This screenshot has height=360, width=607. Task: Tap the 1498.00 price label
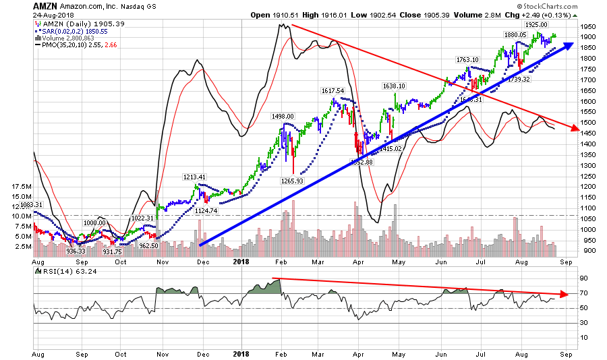283,116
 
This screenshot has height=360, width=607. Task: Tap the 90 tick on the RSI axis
586,278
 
